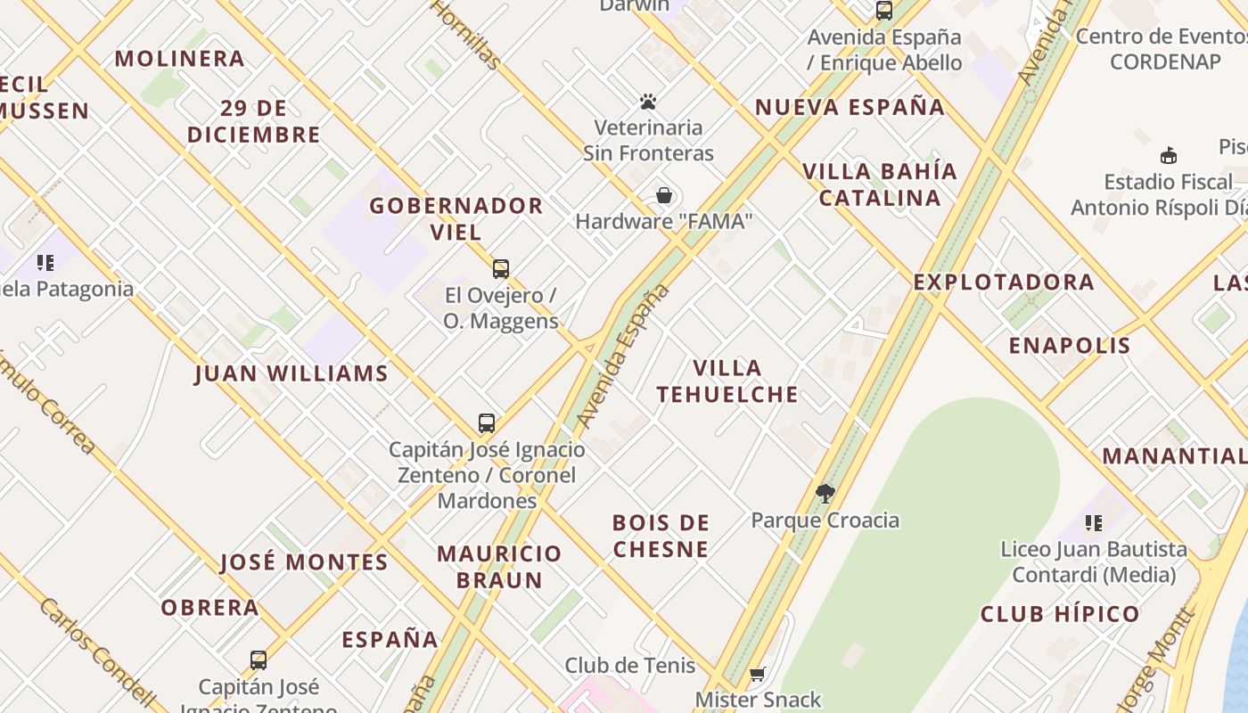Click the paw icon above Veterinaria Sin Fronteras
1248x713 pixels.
(648, 102)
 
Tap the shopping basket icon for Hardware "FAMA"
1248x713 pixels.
(664, 195)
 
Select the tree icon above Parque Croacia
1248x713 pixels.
(825, 493)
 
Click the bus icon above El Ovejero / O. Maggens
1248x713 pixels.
(501, 268)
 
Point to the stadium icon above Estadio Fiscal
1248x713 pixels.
(1169, 156)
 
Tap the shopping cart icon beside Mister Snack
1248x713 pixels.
(758, 674)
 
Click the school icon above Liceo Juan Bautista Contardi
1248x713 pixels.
(1094, 523)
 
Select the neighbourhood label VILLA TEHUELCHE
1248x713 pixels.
(727, 381)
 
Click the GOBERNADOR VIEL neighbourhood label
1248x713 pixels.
(456, 218)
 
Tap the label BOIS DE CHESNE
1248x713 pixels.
(661, 536)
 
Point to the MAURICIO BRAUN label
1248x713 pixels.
(499, 567)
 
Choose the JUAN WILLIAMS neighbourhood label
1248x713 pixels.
(291, 373)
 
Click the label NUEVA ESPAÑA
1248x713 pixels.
(850, 107)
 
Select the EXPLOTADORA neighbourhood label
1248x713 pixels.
(1004, 282)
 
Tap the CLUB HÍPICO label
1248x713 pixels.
(1060, 614)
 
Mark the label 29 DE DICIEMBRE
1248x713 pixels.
(254, 121)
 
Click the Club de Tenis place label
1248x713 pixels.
(630, 665)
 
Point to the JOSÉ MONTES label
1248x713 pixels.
(304, 562)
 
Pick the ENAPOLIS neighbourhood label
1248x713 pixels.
(1070, 346)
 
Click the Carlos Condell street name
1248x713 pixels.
(98, 650)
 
